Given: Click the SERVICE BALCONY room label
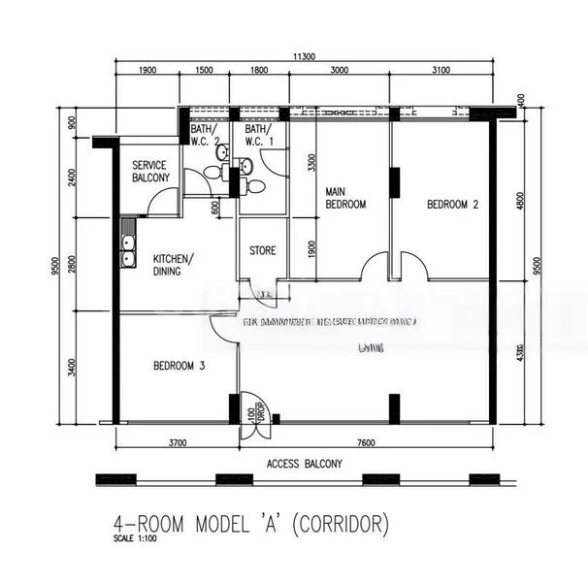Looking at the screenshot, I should (x=150, y=171).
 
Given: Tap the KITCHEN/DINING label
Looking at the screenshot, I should (x=173, y=265).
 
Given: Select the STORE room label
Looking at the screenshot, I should (x=263, y=250).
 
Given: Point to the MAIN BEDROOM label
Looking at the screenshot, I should (x=344, y=198).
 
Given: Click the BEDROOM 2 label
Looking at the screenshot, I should (x=453, y=205).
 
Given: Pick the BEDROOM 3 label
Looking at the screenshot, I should (x=179, y=366).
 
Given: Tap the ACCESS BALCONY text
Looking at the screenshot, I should (x=304, y=464).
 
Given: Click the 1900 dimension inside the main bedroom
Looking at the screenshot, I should (x=311, y=249).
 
